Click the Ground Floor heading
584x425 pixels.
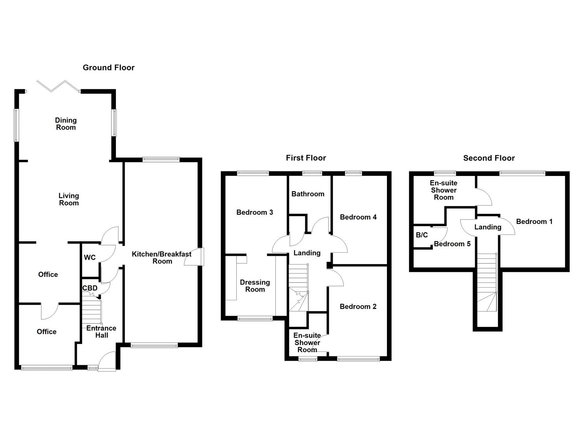click(109, 68)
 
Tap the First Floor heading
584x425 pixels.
click(306, 158)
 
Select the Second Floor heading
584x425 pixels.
click(489, 158)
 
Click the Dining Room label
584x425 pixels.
click(66, 124)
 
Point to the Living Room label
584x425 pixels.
click(69, 200)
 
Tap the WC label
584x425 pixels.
click(90, 258)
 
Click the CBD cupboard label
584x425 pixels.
click(90, 288)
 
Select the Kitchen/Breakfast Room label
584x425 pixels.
click(162, 258)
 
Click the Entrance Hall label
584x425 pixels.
click(101, 332)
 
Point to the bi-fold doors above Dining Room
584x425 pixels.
click(58, 86)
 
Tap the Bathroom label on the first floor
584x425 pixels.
click(308, 194)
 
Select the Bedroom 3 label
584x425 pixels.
click(255, 213)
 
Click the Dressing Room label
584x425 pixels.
click(255, 286)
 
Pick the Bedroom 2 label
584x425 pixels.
click(358, 307)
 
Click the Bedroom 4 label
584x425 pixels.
click(358, 217)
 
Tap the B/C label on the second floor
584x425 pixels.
click(422, 235)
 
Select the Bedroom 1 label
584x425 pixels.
click(534, 222)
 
